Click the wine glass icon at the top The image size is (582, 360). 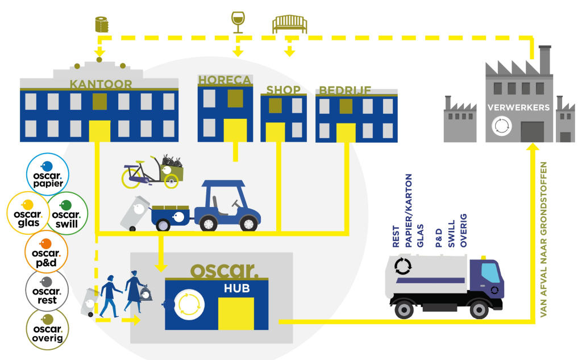pyautogui.click(x=238, y=21)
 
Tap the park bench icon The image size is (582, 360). pyautogui.click(x=289, y=23)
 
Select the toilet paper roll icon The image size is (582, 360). pyautogui.click(x=101, y=24)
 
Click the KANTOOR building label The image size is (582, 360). pyautogui.click(x=101, y=84)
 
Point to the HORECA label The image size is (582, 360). pyautogui.click(x=225, y=81)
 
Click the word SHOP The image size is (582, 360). pyautogui.click(x=284, y=90)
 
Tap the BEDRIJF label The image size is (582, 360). pyautogui.click(x=345, y=90)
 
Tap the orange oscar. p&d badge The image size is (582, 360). pyautogui.click(x=47, y=250)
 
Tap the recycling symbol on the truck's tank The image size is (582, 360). pyautogui.click(x=403, y=265)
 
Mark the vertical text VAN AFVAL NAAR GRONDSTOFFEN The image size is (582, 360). pyautogui.click(x=544, y=239)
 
